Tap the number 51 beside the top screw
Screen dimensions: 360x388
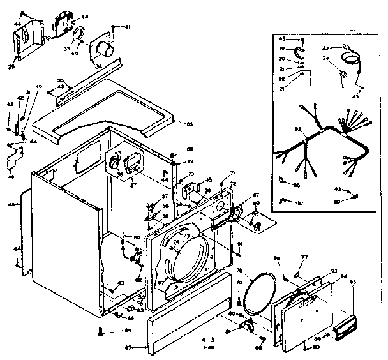pyautogui.click(x=126, y=27)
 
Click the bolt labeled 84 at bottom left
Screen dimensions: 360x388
pyautogui.click(x=100, y=331)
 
